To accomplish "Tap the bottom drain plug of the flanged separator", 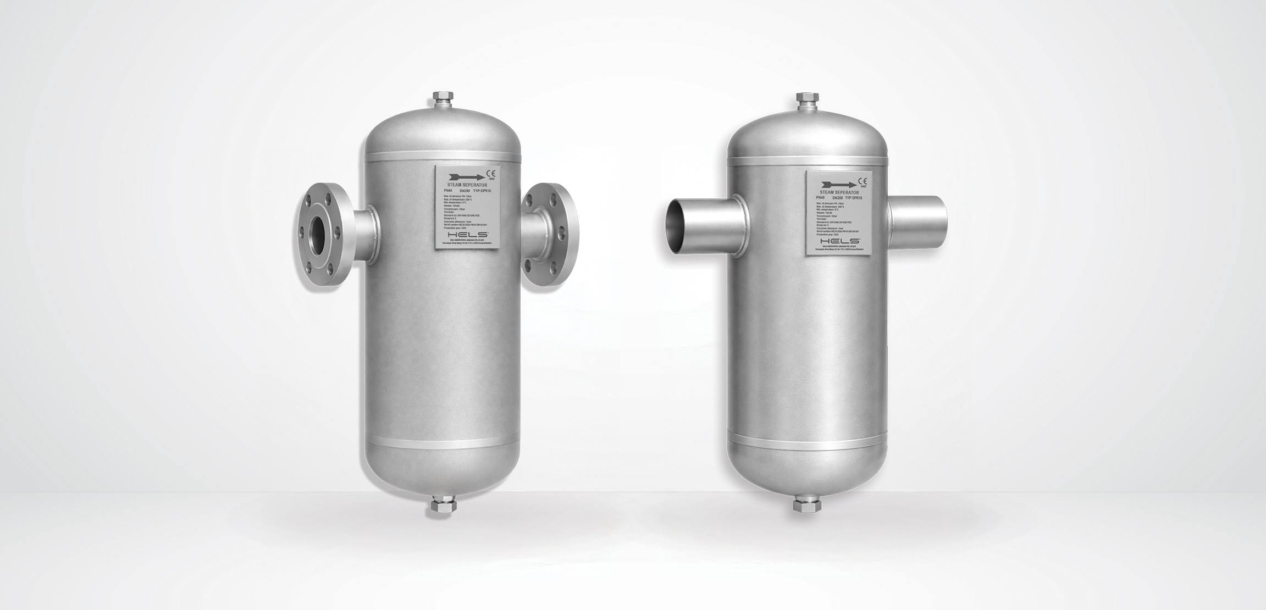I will click(x=441, y=506).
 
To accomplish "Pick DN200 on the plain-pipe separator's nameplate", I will click(x=838, y=197).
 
